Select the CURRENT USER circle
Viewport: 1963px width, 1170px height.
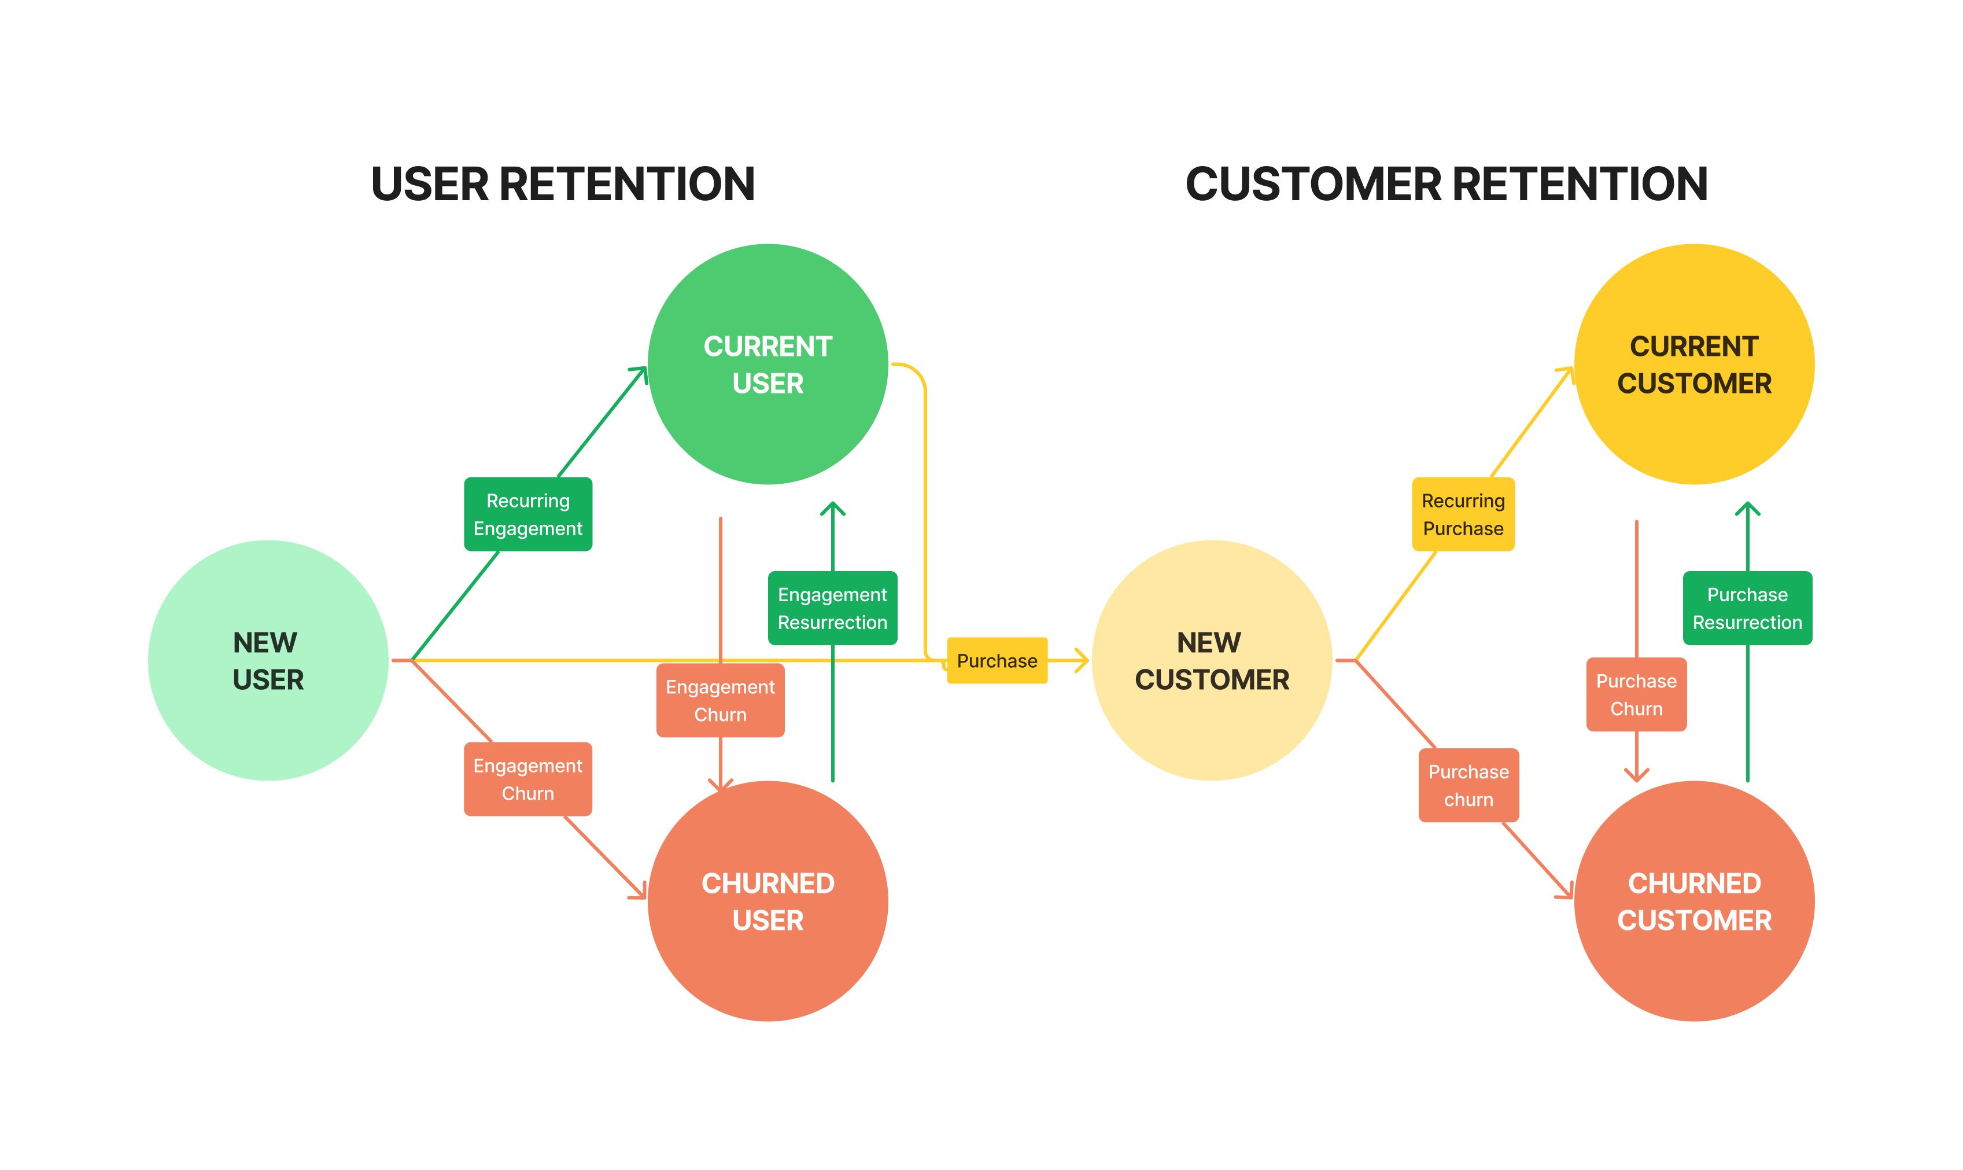click(x=768, y=363)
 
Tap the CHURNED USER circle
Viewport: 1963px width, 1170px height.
click(x=768, y=900)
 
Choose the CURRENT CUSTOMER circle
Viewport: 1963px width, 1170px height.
click(x=1693, y=363)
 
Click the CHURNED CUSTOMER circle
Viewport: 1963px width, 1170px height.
click(x=1693, y=900)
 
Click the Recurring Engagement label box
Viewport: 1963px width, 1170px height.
click(x=527, y=514)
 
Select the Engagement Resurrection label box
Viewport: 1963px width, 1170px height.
click(x=832, y=608)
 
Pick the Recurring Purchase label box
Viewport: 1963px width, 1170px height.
click(x=1463, y=514)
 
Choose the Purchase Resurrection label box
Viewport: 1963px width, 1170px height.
click(x=1747, y=608)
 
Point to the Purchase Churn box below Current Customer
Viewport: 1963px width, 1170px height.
click(x=1636, y=694)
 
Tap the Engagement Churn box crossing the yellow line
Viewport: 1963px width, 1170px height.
click(x=719, y=700)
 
